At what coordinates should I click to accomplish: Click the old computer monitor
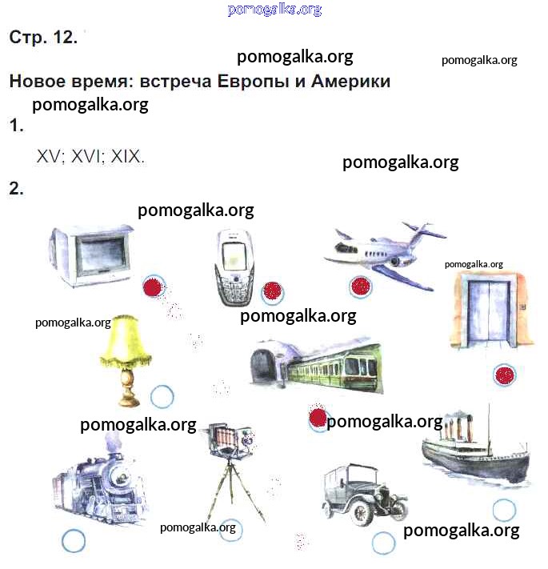pyautogui.click(x=92, y=255)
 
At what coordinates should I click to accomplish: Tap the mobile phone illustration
pyautogui.click(x=234, y=267)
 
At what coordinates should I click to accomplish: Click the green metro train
pyautogui.click(x=316, y=367)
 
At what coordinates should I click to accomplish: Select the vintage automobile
pyautogui.click(x=364, y=494)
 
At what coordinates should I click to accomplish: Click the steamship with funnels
pyautogui.click(x=475, y=450)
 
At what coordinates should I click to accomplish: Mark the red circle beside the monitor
pyautogui.click(x=153, y=287)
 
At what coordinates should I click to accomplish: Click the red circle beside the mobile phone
pyautogui.click(x=273, y=292)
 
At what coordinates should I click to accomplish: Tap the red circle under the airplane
pyautogui.click(x=361, y=287)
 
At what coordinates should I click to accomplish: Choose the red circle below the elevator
pyautogui.click(x=505, y=375)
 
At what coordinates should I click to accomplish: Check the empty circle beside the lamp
pyautogui.click(x=162, y=397)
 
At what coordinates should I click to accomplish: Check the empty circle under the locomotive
pyautogui.click(x=74, y=541)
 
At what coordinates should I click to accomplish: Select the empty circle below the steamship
pyautogui.click(x=504, y=510)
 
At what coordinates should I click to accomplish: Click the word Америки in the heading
pyautogui.click(x=350, y=81)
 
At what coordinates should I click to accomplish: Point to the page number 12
pyautogui.click(x=65, y=37)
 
